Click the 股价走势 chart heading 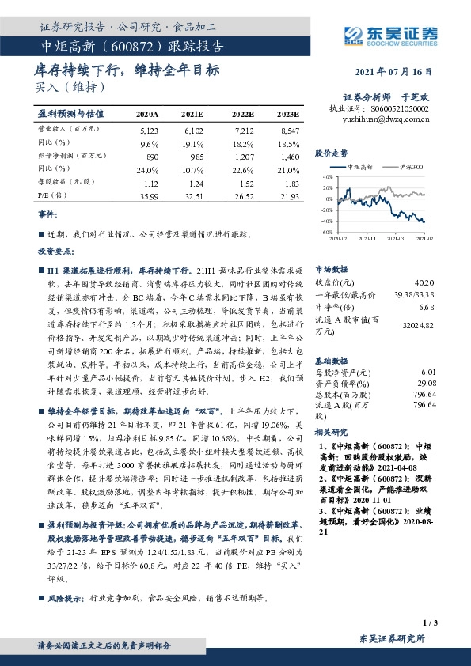331,153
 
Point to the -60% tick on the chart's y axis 327,233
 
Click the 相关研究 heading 331,432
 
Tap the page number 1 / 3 430,625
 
